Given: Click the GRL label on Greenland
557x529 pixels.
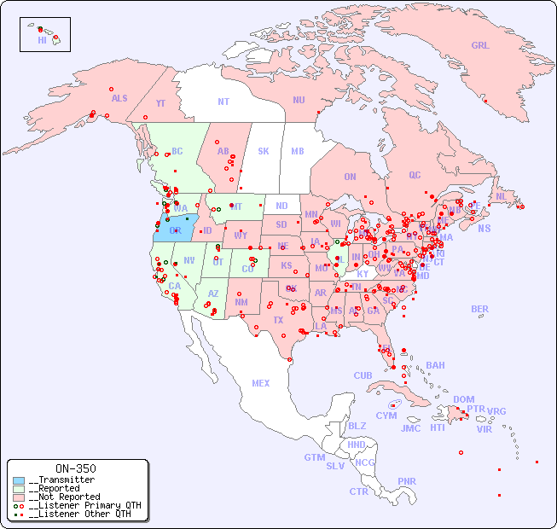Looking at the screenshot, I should (x=480, y=46).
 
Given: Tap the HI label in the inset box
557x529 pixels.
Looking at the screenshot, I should (x=42, y=40).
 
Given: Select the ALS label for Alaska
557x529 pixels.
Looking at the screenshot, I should (x=119, y=98).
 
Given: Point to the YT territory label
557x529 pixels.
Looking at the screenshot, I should (x=161, y=102).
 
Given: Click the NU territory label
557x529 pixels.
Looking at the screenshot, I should (x=299, y=100).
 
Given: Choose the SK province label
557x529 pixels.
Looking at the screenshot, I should (x=264, y=151).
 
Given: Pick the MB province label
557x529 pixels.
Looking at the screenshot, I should (x=297, y=151).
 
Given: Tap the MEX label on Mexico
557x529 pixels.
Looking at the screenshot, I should (x=261, y=383).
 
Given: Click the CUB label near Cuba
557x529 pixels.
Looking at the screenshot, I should (x=363, y=375).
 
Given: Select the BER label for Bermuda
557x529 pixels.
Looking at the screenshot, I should (x=479, y=309).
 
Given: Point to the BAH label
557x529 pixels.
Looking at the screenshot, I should (x=435, y=365).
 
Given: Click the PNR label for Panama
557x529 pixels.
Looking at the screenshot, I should (x=407, y=481).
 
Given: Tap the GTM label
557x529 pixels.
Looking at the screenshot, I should (x=315, y=457).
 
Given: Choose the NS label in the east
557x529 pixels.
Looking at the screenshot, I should (x=484, y=228).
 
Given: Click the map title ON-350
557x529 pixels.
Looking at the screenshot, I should (x=75, y=468).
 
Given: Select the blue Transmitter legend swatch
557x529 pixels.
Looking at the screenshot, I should (x=19, y=480).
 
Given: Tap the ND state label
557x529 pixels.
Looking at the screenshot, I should (x=281, y=206).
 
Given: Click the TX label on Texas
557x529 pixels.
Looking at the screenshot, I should (x=278, y=320).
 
